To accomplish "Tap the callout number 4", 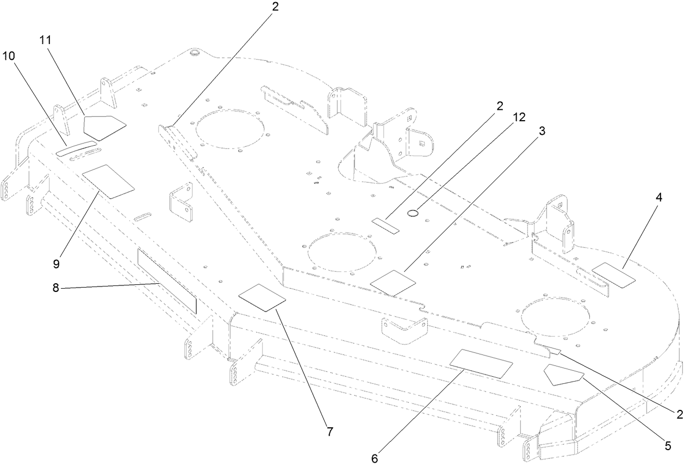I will pos(658,198).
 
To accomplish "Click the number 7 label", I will pos(329,432).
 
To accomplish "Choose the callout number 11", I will pos(46,40).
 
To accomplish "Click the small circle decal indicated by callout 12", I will pos(413,214).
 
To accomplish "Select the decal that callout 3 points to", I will pos(393,282).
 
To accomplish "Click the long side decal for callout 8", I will pos(166,281).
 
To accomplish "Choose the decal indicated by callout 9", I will pos(108,182).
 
